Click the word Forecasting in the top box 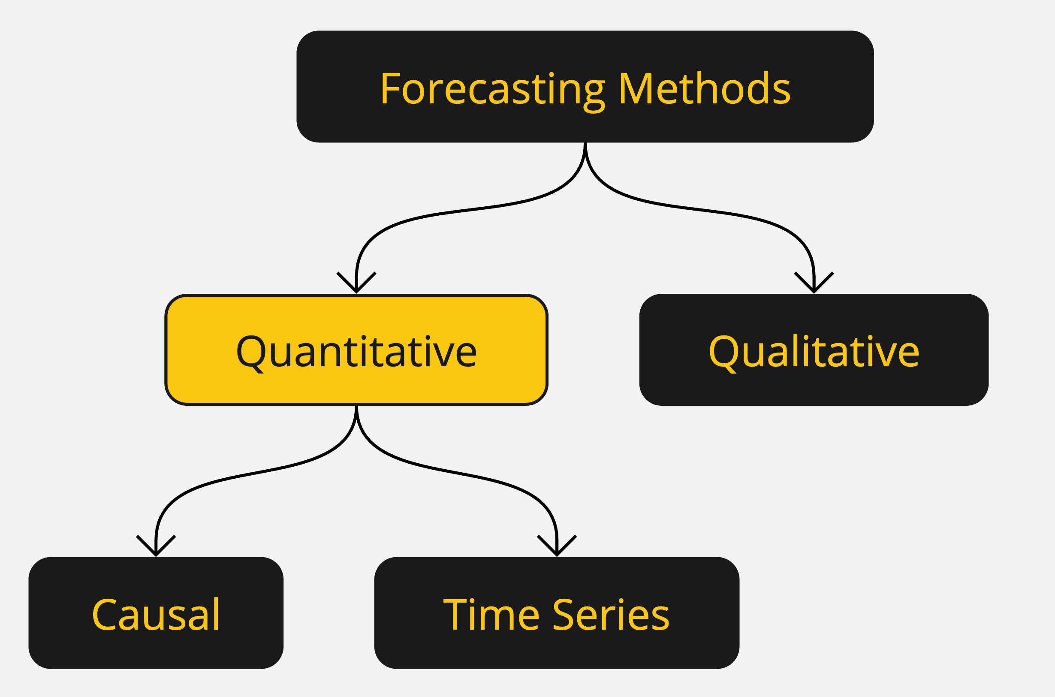point(492,89)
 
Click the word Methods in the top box point(704,89)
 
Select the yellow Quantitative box point(356,350)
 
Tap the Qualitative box point(814,350)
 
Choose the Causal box point(156,613)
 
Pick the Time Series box point(556,613)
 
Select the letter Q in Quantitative point(250,353)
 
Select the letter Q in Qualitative point(723,353)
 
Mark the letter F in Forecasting point(390,89)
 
